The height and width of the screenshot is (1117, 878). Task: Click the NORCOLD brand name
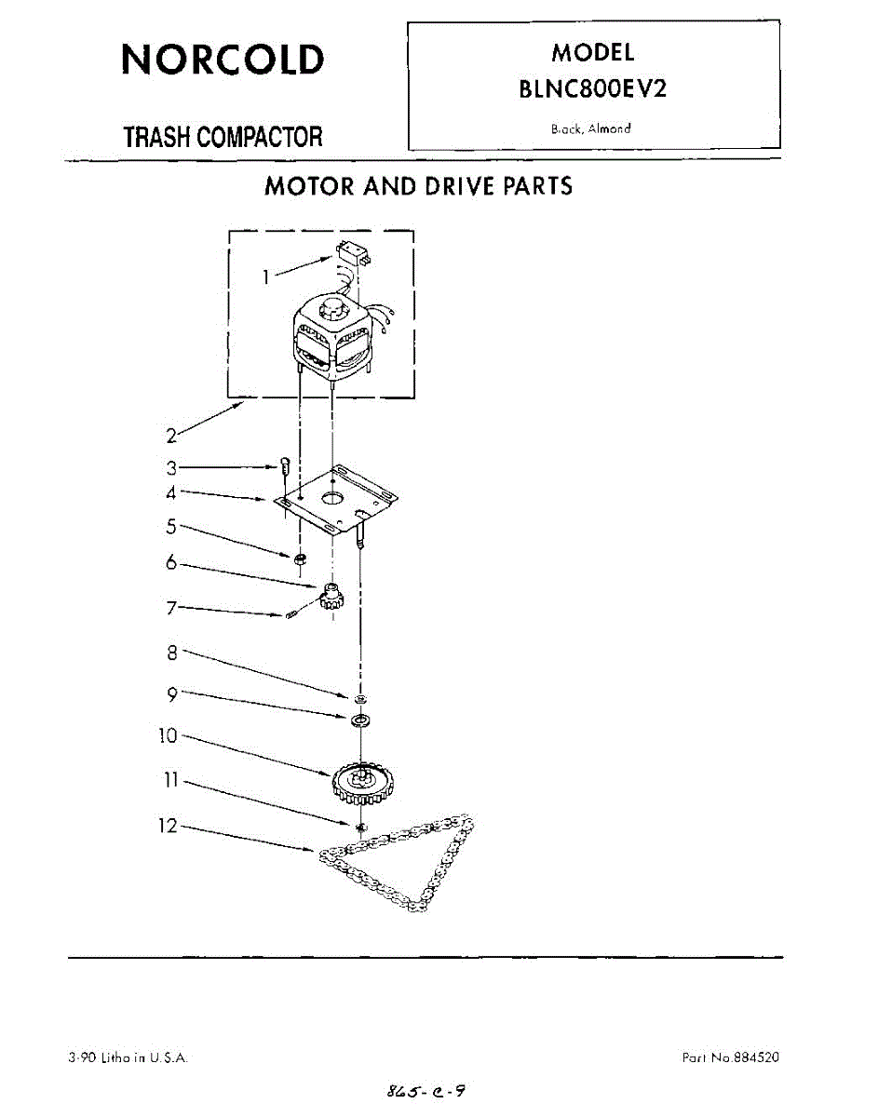coord(223,60)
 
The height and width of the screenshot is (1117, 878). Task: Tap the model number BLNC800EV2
coord(593,90)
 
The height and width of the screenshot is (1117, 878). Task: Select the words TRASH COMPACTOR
coord(223,138)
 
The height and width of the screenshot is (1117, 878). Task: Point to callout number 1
coord(267,276)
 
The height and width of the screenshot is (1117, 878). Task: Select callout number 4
coord(171,491)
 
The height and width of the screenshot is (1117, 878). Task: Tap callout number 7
coord(171,608)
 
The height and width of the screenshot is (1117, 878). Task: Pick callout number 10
coord(168,735)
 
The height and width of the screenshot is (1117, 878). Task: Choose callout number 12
coord(168,825)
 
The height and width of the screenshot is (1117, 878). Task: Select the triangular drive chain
coord(410,866)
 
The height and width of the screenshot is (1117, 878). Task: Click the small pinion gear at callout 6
coord(331,596)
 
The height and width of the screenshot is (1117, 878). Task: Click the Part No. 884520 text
coord(731,1057)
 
